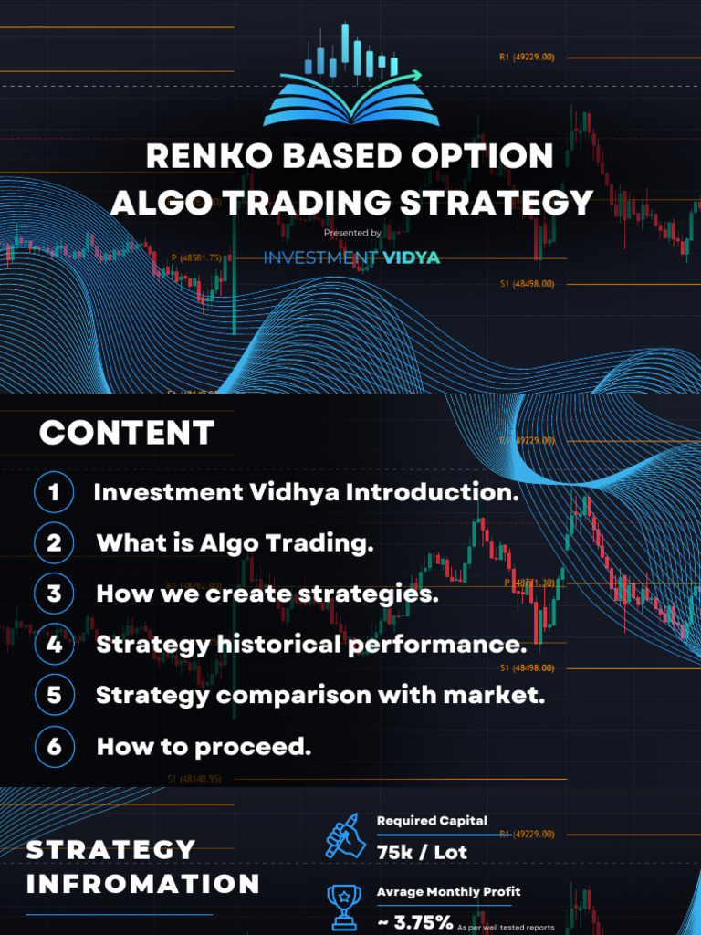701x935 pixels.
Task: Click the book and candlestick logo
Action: [x=350, y=77]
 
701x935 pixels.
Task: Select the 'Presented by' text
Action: [x=351, y=234]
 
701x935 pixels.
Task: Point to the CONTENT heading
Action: [x=127, y=432]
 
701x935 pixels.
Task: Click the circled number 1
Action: [x=54, y=493]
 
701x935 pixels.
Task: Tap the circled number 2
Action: [x=54, y=543]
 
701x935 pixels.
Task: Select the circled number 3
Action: [x=54, y=594]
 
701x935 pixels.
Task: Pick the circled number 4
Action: [x=54, y=645]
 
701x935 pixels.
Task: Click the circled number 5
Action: [x=54, y=695]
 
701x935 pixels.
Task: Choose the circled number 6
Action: [x=54, y=746]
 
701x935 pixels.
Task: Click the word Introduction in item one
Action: [x=437, y=493]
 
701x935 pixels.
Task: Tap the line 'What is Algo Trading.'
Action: [x=235, y=543]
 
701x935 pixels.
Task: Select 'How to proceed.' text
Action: [x=204, y=746]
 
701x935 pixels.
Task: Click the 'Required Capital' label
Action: [x=432, y=821]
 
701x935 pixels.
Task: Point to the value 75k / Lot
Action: [x=422, y=852]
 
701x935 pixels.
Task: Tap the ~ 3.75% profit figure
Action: [x=415, y=922]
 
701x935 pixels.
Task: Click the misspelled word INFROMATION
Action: [x=143, y=883]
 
